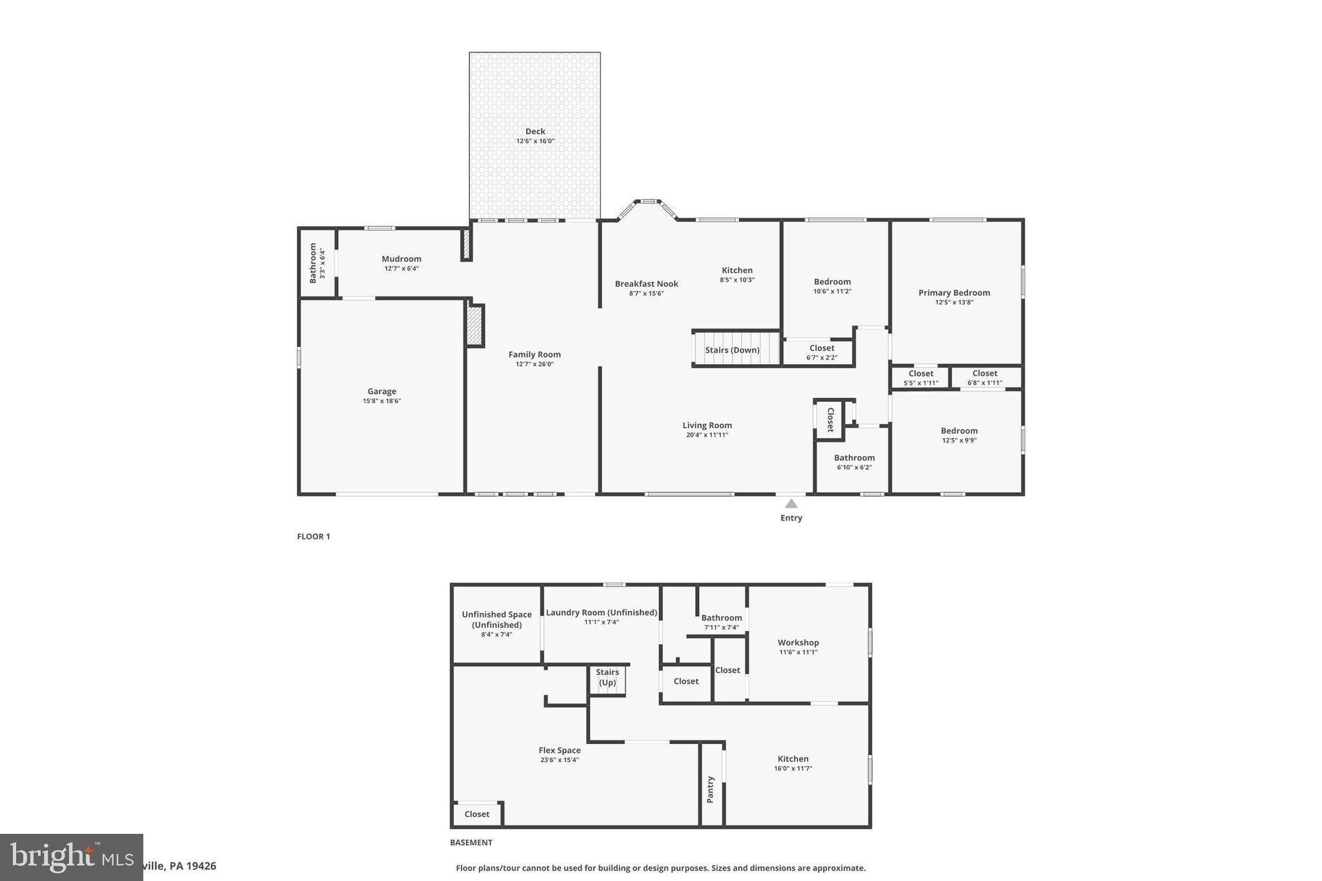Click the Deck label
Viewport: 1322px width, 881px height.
pyautogui.click(x=535, y=132)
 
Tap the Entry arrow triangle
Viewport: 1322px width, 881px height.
pyautogui.click(x=791, y=504)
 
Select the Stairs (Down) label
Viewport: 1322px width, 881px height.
pyautogui.click(x=732, y=350)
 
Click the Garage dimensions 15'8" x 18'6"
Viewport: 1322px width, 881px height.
pyautogui.click(x=381, y=401)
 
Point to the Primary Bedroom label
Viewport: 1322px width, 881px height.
pyautogui.click(x=954, y=293)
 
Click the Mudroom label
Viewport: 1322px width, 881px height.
pyautogui.click(x=401, y=259)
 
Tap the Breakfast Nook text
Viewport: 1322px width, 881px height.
pyautogui.click(x=646, y=284)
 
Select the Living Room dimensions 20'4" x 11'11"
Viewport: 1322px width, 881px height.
pyautogui.click(x=707, y=435)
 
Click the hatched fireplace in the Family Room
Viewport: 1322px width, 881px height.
pyautogui.click(x=474, y=325)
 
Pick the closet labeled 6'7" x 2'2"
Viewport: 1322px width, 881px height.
pyautogui.click(x=822, y=352)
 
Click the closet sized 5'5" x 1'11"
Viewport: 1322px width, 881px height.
pyautogui.click(x=920, y=378)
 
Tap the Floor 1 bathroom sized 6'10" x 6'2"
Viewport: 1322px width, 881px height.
pyautogui.click(x=854, y=462)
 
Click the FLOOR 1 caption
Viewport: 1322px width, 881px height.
pyautogui.click(x=314, y=536)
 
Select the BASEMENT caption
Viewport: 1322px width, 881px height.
pyautogui.click(x=471, y=842)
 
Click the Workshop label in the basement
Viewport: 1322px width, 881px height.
pyautogui.click(x=798, y=643)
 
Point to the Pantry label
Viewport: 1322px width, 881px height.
pyautogui.click(x=711, y=789)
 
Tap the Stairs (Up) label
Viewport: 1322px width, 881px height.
pyautogui.click(x=607, y=677)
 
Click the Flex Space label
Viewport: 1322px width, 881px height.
pyautogui.click(x=560, y=751)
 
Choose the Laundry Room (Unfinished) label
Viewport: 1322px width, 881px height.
pyautogui.click(x=602, y=613)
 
